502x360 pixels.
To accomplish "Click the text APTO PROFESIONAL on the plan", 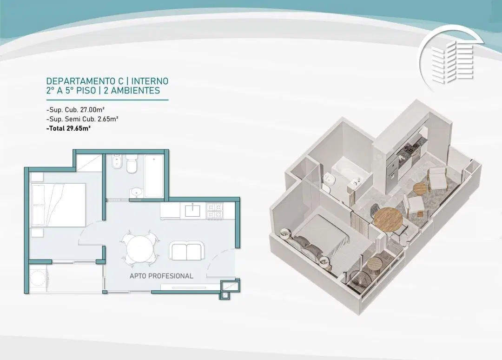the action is tap(161, 276).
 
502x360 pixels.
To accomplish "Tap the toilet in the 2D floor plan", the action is tap(132, 164).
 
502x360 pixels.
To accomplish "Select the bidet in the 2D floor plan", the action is tap(116, 162).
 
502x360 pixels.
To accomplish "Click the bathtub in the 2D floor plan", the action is tap(154, 176).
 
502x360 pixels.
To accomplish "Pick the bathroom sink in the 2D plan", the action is tap(137, 192).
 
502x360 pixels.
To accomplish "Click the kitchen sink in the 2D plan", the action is tap(192, 210).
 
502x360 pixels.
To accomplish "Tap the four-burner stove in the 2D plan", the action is tap(215, 211).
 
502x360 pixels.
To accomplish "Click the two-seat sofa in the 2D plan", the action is tap(187, 250).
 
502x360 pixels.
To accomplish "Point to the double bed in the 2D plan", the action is tap(59, 205).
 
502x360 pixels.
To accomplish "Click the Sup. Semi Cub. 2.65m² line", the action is tap(82, 119).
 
